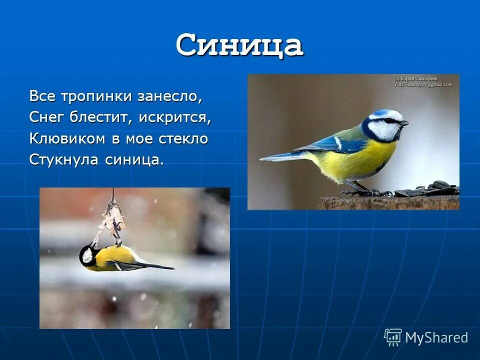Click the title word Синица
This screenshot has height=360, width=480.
click(x=239, y=46)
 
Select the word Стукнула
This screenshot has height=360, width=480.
click(x=65, y=159)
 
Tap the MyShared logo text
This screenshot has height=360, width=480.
click(x=436, y=337)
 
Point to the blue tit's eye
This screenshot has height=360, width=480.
click(x=392, y=120)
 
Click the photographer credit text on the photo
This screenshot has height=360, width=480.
click(x=423, y=81)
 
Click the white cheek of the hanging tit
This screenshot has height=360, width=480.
click(x=88, y=256)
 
